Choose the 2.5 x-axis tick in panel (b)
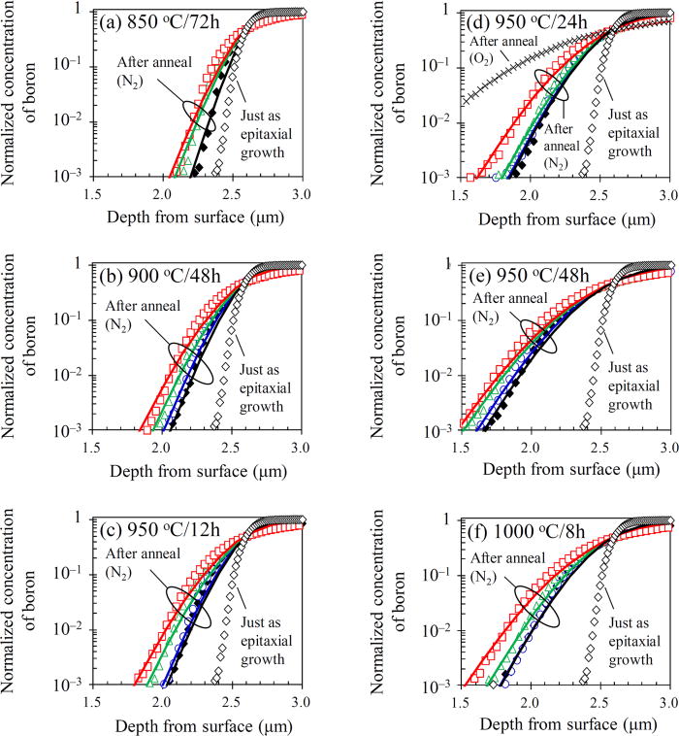tap(232, 447)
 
